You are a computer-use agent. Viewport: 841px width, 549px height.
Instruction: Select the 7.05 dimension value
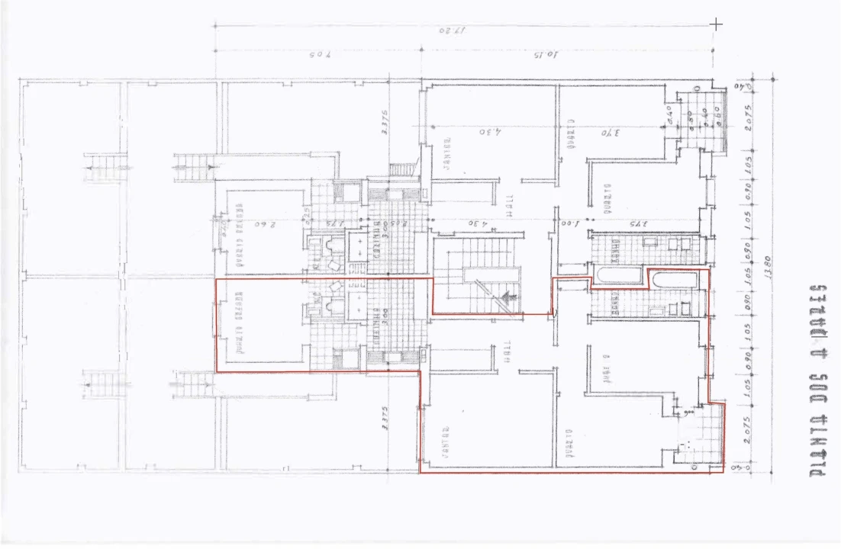pyautogui.click(x=319, y=56)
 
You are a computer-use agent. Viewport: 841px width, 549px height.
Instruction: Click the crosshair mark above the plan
pyautogui.click(x=717, y=24)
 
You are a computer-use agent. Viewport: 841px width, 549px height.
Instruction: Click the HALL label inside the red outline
pyautogui.click(x=507, y=355)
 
